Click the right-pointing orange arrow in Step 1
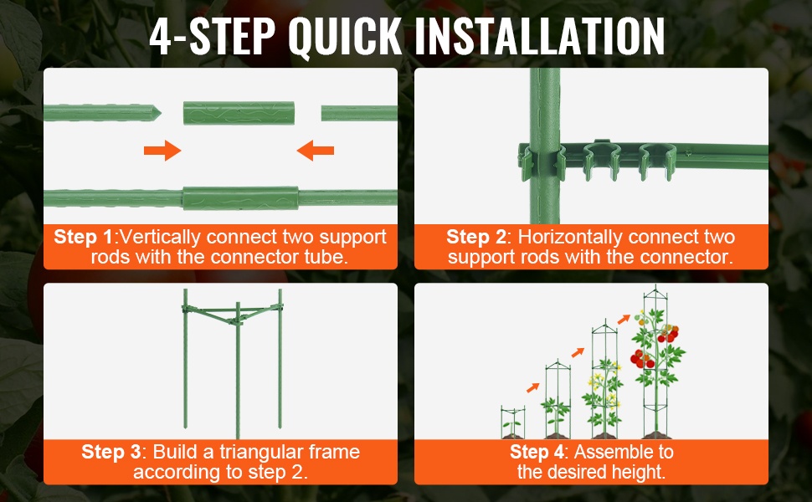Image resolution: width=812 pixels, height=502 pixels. (162, 151)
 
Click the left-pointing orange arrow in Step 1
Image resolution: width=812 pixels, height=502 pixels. (316, 151)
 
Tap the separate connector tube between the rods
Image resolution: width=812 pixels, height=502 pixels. (239, 113)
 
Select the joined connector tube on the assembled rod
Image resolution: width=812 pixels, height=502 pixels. (240, 198)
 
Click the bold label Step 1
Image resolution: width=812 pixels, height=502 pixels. (84, 237)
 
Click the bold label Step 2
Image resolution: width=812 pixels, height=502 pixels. (476, 237)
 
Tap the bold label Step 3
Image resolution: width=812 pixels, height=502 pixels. (111, 452)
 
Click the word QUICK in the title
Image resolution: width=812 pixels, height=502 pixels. (344, 36)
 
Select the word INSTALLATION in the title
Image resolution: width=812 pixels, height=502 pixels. (540, 36)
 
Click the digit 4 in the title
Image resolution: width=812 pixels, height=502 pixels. (160, 36)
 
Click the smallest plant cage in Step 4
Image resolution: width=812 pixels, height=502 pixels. (512, 423)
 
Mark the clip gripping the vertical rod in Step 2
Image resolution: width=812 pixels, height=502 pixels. (543, 161)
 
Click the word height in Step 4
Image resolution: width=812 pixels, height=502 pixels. (639, 473)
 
